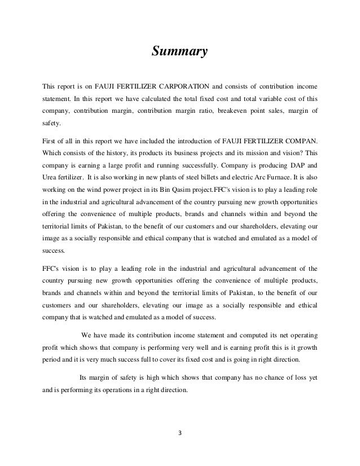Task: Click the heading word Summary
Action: click(x=180, y=52)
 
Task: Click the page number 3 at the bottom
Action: click(x=179, y=434)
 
